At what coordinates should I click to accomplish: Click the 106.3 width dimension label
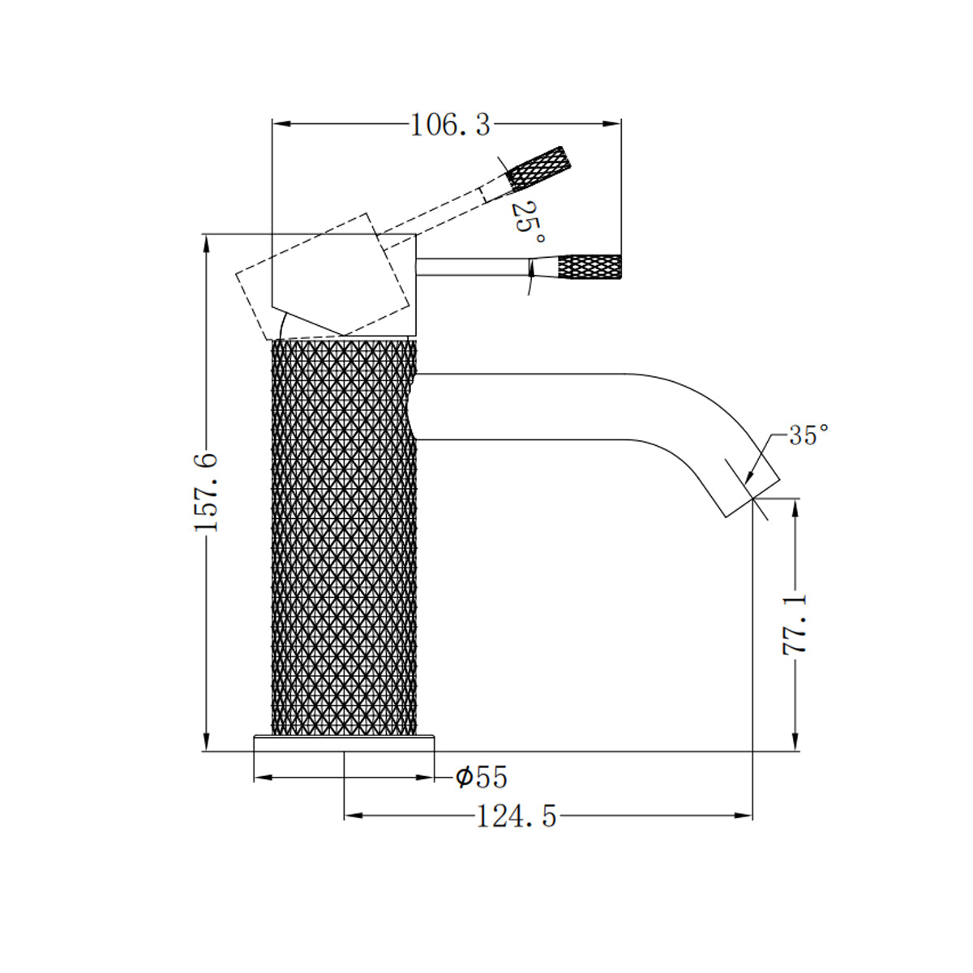[450, 125]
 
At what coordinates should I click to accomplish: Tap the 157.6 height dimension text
[207, 492]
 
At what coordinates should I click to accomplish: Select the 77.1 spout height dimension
[796, 624]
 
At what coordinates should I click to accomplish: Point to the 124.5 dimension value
[517, 817]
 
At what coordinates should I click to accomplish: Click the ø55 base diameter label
[482, 778]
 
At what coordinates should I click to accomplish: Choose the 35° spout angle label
[808, 435]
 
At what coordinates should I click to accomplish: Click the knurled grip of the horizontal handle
[590, 267]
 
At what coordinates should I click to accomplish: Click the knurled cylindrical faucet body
[344, 535]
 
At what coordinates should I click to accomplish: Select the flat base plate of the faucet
[345, 743]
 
